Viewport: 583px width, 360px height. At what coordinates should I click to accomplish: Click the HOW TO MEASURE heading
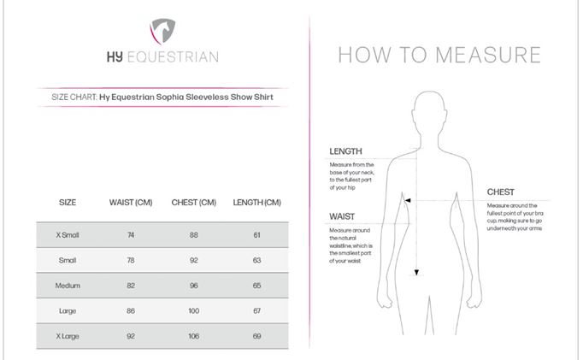coord(439,56)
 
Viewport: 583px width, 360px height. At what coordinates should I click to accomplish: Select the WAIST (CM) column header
coord(131,203)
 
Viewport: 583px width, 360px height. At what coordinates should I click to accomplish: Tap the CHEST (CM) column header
coord(194,203)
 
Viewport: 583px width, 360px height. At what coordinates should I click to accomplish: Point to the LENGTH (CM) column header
coord(256,203)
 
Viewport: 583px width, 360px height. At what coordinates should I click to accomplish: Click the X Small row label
coord(68,234)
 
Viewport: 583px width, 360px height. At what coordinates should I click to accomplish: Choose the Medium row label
coord(68,285)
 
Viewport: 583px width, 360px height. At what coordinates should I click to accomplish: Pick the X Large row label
coord(68,336)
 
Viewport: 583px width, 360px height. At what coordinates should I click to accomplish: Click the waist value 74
coord(131,234)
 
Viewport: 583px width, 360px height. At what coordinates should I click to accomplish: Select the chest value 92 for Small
coord(194,260)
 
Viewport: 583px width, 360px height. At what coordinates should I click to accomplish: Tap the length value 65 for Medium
coord(256,285)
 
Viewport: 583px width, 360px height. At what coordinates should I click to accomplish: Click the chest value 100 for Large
coord(194,310)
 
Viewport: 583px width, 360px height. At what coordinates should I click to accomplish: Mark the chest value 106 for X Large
coord(194,336)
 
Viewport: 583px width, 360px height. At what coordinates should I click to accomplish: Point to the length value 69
coord(256,336)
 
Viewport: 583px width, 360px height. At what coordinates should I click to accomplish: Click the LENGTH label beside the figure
coord(345,151)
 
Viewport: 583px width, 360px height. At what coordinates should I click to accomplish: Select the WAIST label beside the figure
coord(342,216)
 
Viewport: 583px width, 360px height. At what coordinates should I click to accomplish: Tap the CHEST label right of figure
coord(501,192)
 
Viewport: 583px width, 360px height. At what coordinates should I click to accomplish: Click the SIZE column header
coord(68,203)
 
